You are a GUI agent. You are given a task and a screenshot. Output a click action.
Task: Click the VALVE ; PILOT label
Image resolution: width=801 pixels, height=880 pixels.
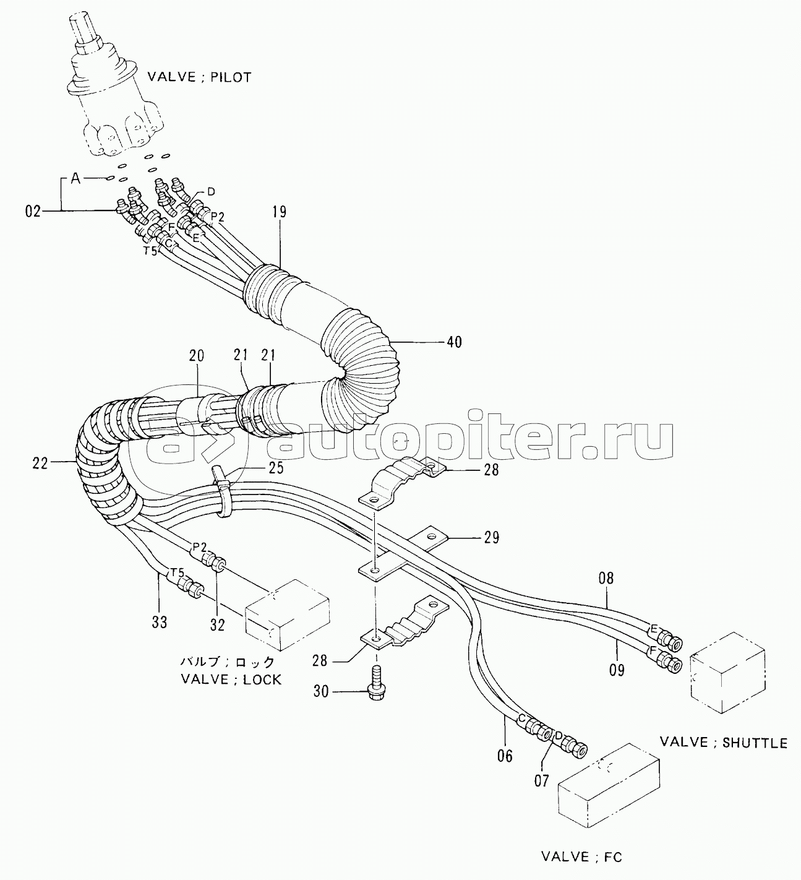point(199,77)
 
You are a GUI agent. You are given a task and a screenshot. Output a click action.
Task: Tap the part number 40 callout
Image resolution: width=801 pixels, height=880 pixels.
point(454,342)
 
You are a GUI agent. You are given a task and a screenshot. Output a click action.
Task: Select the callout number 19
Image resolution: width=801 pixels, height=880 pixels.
point(279,212)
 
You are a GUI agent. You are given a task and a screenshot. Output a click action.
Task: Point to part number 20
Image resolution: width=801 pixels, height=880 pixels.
point(196,355)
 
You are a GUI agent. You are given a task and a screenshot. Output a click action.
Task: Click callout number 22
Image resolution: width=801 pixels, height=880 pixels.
point(40,464)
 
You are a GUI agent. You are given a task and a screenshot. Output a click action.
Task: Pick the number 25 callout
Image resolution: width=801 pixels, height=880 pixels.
point(276,468)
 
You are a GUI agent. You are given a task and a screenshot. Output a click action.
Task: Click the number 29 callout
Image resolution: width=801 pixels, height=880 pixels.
point(491,538)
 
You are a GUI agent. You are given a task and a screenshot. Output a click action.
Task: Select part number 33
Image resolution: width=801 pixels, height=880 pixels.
point(159,622)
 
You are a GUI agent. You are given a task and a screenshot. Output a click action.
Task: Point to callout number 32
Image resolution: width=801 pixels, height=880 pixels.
point(216,624)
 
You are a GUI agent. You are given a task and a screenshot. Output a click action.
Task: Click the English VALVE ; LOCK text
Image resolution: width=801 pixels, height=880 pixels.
point(231,679)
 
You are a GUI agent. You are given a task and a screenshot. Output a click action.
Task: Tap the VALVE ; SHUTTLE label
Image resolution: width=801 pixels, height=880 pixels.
point(724,743)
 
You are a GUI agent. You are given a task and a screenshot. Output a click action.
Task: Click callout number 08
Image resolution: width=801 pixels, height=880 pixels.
point(606,578)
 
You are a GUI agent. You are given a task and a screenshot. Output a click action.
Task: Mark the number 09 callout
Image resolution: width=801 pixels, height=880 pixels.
point(617,670)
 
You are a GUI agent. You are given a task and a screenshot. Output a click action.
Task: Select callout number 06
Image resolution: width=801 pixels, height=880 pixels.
point(505,756)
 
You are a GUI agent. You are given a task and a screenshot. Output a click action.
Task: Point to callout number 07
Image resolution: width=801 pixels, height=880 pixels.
point(541,781)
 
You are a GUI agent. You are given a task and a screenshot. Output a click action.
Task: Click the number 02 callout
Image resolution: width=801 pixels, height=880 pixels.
point(33,212)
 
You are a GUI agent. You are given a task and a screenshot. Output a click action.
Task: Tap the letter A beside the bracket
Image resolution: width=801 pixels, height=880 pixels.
point(75,179)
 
